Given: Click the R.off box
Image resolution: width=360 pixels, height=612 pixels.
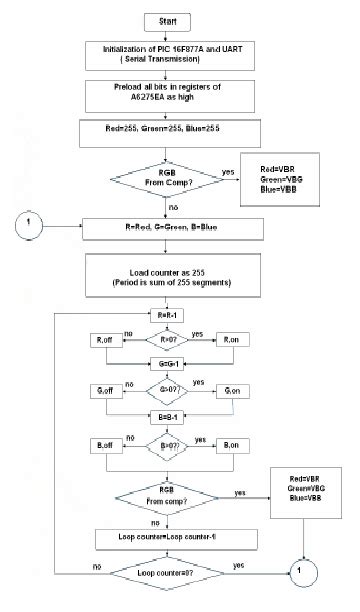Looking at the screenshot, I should [x=104, y=341].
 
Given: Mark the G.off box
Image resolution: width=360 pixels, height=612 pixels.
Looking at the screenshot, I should [x=104, y=388].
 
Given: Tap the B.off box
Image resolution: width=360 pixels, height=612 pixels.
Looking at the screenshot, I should [x=104, y=441].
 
